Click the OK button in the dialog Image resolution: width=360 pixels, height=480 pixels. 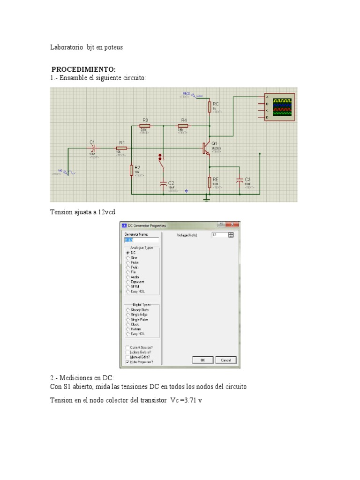point(203,360)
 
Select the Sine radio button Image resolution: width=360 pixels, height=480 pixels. point(127,257)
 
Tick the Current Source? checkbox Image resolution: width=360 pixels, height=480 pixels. point(127,347)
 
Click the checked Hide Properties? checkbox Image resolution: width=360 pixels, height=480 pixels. point(127,362)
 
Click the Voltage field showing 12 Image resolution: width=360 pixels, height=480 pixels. point(219,235)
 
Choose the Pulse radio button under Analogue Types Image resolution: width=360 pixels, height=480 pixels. point(127,262)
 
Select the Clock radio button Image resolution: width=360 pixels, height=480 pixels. point(127,324)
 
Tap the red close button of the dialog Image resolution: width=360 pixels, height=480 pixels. point(233,225)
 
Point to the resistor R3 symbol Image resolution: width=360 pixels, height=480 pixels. point(145,126)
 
